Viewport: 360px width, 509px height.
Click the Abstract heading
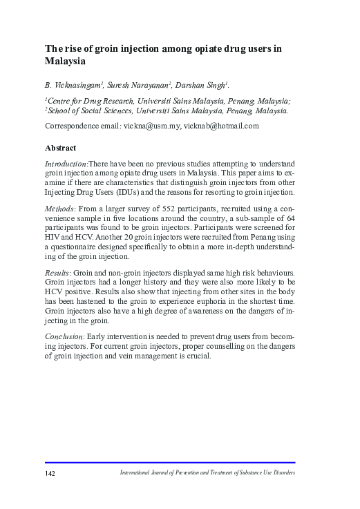click(60, 148)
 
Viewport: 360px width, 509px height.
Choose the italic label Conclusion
click(64, 336)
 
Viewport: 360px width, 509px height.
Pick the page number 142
click(50, 473)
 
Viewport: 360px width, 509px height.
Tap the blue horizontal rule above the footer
click(170, 463)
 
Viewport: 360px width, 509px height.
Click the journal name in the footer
click(207, 473)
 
